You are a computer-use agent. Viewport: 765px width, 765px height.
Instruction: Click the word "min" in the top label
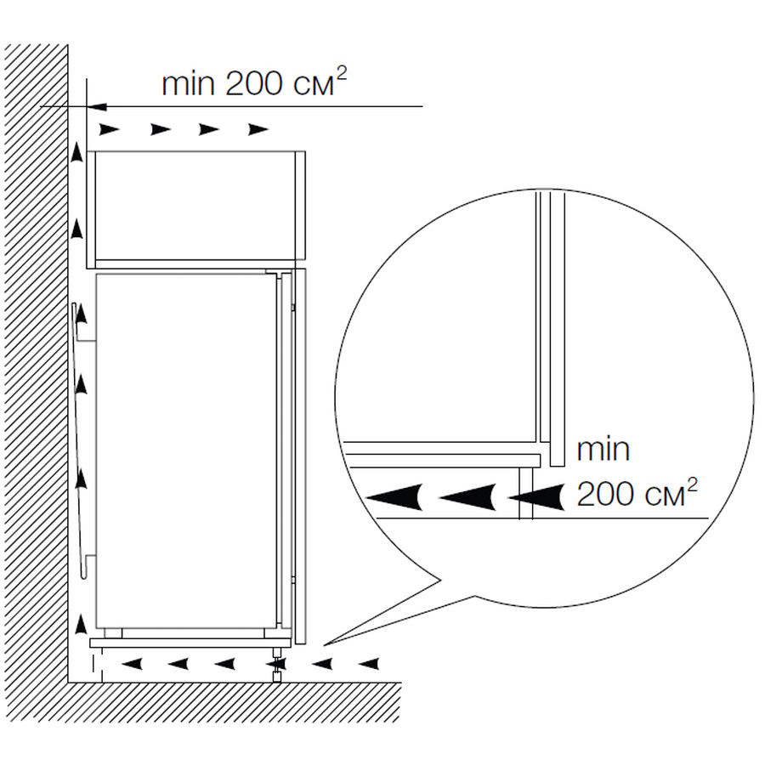click(188, 84)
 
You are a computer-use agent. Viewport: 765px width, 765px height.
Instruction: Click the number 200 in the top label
click(253, 83)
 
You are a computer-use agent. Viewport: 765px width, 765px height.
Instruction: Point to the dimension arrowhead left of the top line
click(97, 106)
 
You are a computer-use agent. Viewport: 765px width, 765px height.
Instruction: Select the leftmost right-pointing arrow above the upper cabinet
click(110, 130)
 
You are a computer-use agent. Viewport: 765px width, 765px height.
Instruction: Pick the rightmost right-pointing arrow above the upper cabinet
click(258, 130)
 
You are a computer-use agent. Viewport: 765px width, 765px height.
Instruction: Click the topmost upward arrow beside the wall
click(76, 152)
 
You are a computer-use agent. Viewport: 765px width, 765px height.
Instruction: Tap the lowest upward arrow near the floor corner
click(82, 625)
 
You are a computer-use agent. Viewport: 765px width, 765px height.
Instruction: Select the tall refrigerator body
click(187, 450)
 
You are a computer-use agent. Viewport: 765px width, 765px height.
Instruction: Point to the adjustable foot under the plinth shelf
click(276, 665)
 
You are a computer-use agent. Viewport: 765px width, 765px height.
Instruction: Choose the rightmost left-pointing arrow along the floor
click(369, 664)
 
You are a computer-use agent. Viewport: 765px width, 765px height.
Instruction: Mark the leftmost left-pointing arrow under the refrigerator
click(132, 664)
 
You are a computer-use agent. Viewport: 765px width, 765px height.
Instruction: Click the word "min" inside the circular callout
click(603, 450)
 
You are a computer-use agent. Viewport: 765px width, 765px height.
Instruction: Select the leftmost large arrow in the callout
click(394, 497)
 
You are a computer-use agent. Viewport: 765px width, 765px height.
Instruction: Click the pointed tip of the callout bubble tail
click(324, 644)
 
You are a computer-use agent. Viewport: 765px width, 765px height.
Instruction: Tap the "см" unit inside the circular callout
click(666, 497)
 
